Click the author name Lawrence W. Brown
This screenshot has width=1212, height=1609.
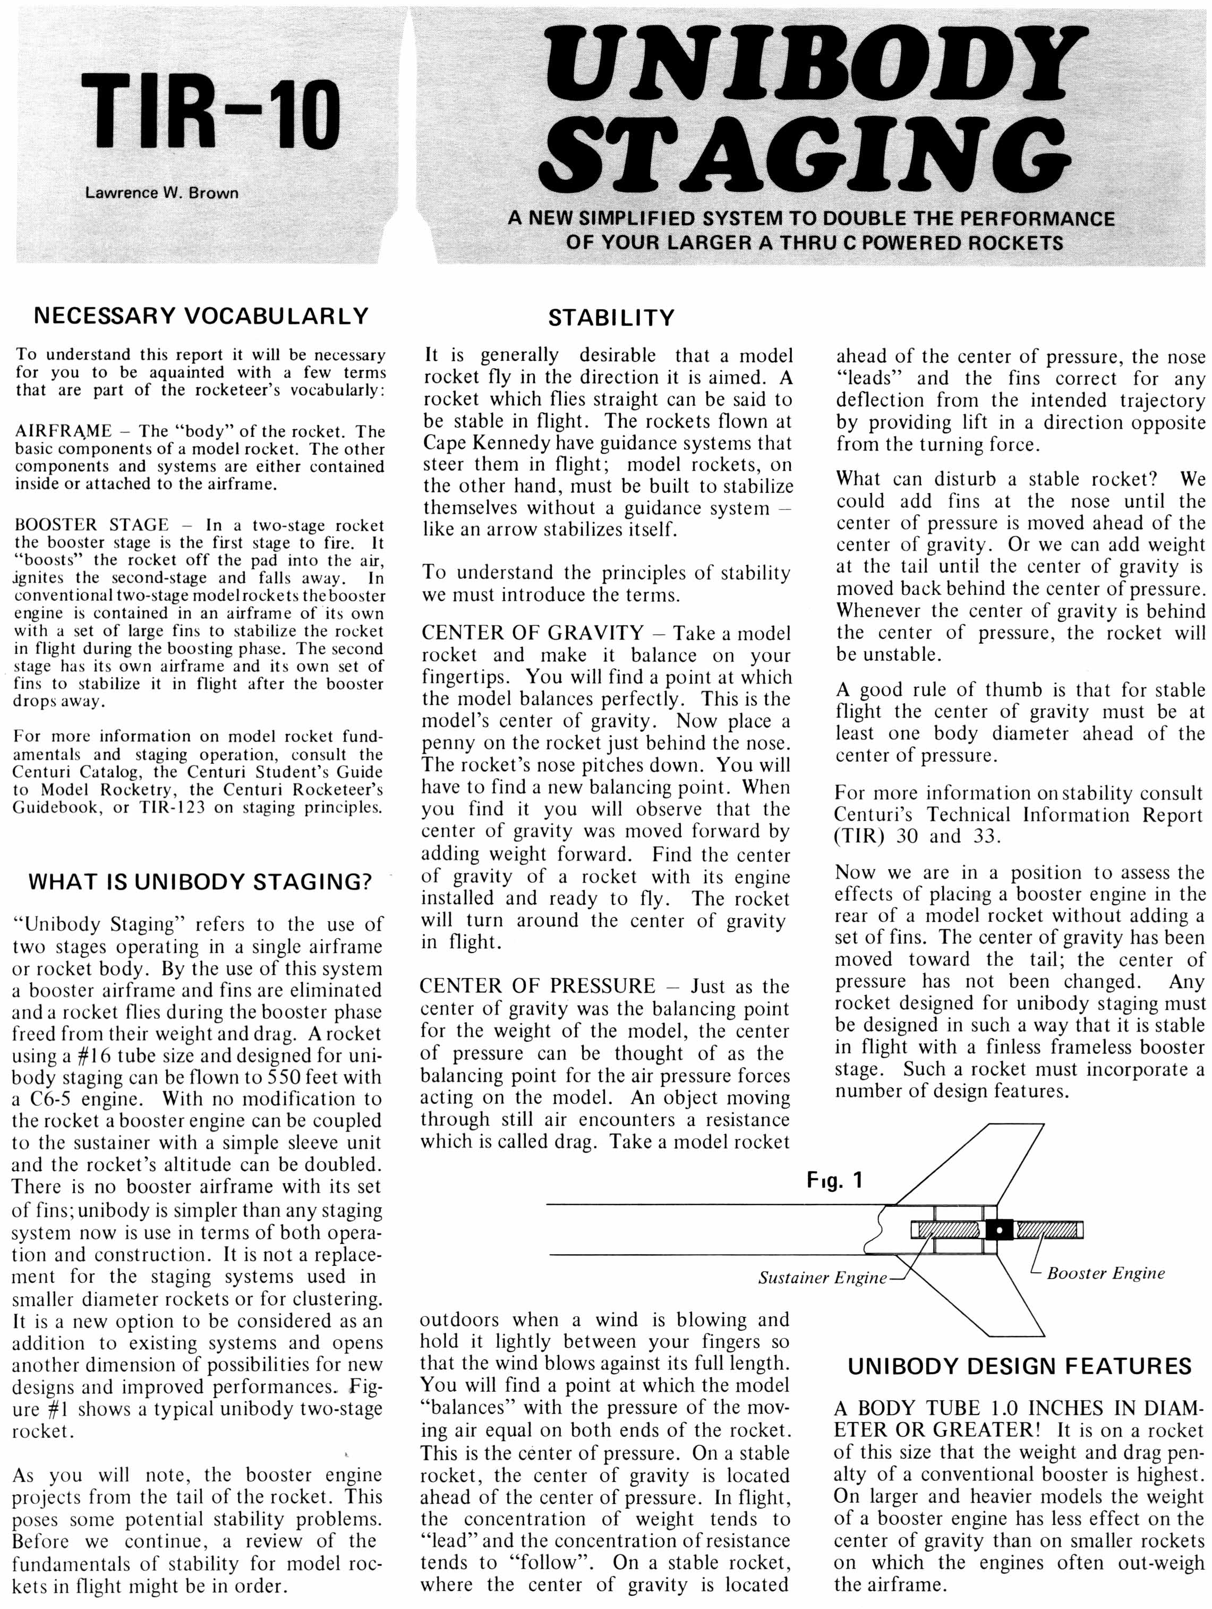[162, 193]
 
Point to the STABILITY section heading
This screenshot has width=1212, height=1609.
[611, 318]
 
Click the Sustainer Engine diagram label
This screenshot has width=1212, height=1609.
[822, 1278]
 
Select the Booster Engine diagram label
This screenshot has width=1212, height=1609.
[1106, 1273]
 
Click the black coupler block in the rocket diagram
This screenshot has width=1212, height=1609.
[999, 1231]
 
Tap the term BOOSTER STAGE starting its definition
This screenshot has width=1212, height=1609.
[92, 525]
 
